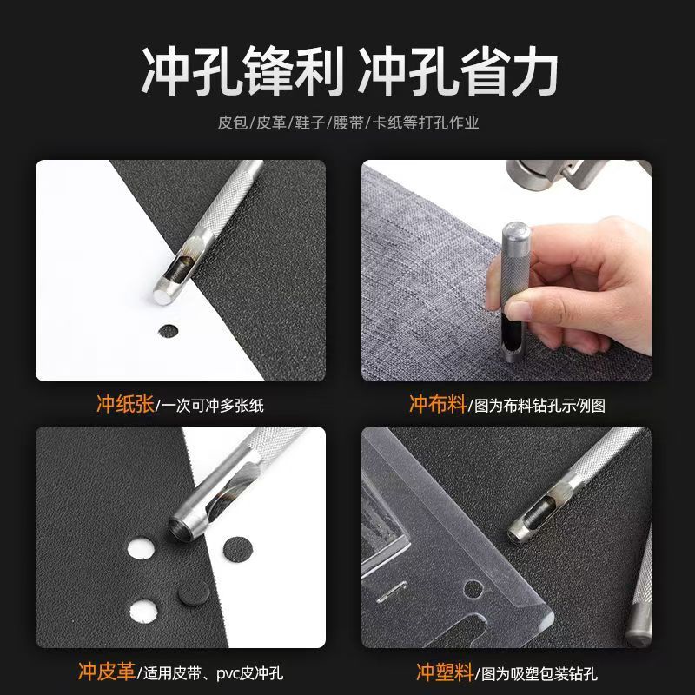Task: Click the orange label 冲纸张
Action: [x=125, y=404]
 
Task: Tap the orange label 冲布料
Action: [x=437, y=404]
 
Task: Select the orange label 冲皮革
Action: [x=107, y=672]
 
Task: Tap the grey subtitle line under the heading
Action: [x=347, y=122]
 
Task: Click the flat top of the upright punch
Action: [x=514, y=231]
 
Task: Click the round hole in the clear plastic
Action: [x=473, y=589]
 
